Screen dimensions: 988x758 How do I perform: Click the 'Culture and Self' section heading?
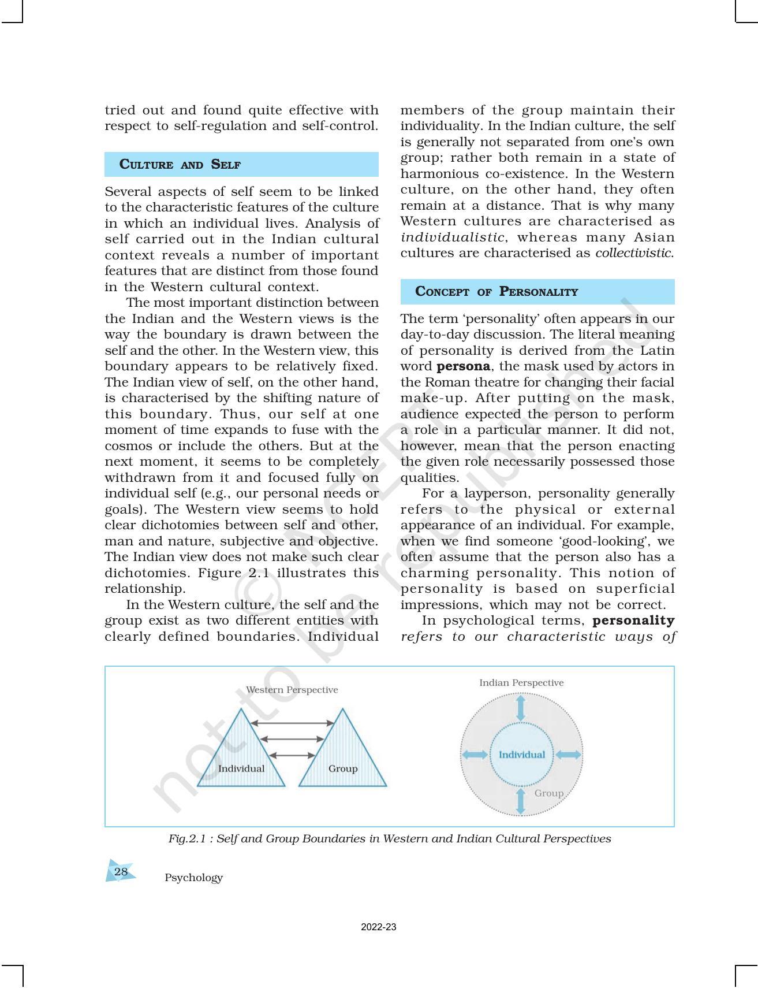click(180, 165)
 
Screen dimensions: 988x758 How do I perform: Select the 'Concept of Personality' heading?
click(496, 292)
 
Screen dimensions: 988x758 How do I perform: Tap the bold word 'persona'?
click(464, 366)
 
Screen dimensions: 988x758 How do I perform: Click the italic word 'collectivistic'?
click(633, 253)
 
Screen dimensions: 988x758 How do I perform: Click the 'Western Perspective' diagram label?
click(292, 690)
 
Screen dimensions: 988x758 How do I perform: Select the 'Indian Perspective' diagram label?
click(521, 683)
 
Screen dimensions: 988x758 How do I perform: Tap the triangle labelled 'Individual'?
click(241, 757)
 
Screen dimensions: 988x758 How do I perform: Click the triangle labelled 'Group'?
click(342, 757)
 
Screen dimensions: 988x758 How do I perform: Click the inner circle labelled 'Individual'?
click(521, 755)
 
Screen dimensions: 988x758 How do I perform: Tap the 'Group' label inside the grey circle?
click(548, 793)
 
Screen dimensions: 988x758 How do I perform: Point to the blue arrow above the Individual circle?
click(521, 708)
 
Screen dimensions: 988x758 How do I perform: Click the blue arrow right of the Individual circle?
click(569, 755)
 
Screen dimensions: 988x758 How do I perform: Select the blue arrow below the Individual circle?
click(521, 801)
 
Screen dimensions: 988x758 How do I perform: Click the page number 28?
click(121, 872)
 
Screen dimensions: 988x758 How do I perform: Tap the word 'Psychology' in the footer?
click(193, 878)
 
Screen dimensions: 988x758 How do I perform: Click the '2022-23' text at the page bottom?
click(379, 927)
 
